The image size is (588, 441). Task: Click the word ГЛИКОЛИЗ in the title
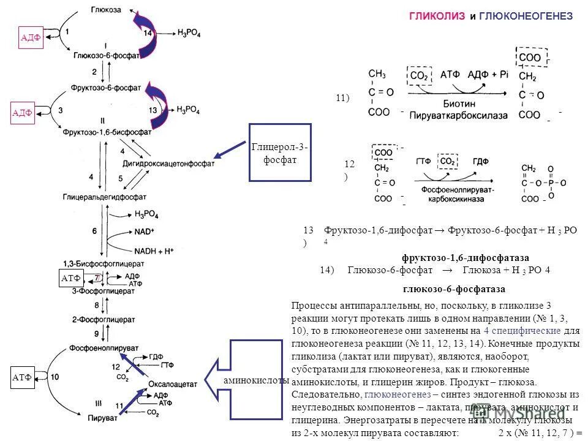438,17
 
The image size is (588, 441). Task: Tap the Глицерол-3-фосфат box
280,153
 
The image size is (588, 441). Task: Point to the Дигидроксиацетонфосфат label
178,164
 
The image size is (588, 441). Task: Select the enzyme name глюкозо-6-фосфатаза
454,288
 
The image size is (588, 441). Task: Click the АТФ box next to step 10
22,378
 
